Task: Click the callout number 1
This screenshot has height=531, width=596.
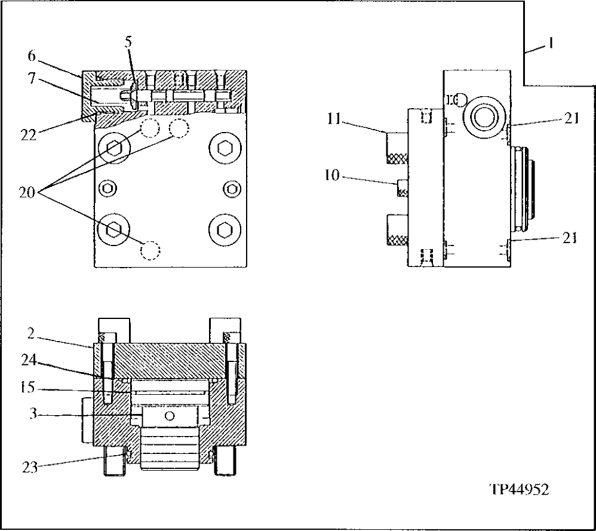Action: (551, 44)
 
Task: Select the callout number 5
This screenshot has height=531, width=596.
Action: (128, 42)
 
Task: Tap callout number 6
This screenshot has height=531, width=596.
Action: (32, 56)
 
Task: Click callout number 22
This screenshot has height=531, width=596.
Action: (27, 136)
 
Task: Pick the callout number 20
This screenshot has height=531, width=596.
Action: (27, 192)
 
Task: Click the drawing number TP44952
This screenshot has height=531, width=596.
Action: (518, 489)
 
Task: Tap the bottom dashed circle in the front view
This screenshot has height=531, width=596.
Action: (150, 250)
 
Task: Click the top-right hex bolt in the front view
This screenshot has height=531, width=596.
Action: (225, 146)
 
